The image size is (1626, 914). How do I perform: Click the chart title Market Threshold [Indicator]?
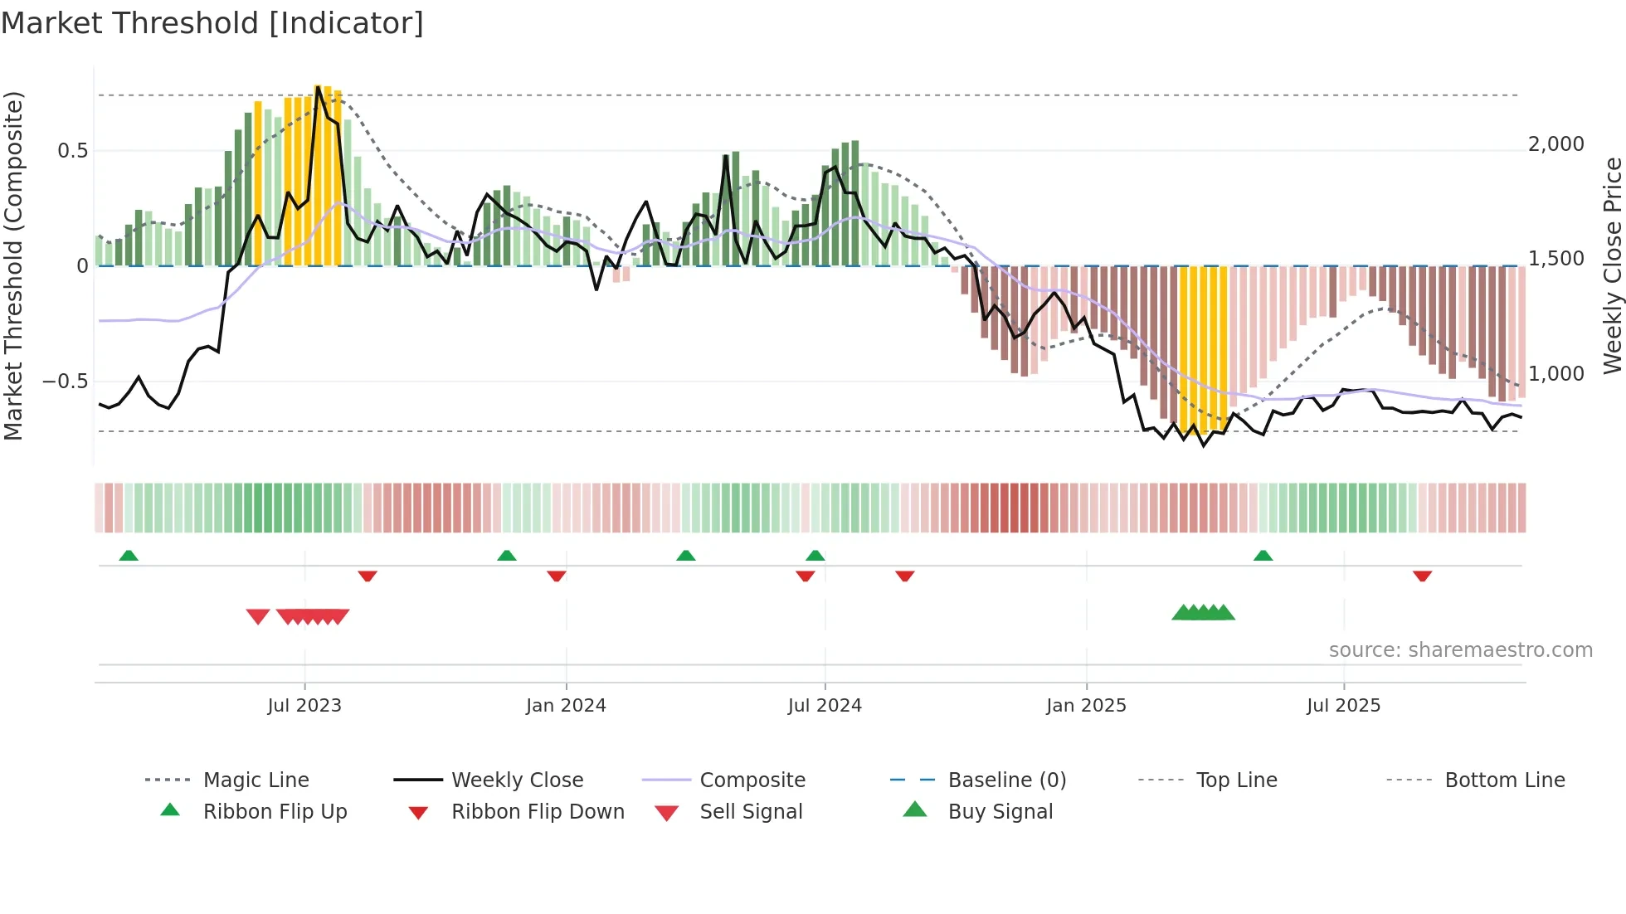pos(212,23)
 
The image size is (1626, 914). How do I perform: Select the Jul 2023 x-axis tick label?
pos(304,706)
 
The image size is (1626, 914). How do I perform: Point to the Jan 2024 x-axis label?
pos(566,706)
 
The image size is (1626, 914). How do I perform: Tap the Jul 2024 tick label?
pos(825,706)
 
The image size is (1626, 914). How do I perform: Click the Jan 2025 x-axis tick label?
pos(1086,706)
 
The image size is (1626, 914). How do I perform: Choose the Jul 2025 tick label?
pos(1343,706)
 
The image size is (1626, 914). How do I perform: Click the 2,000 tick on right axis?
pos(1555,144)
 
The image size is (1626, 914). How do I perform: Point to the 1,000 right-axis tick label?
pos(1555,374)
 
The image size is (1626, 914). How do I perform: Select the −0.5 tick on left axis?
pos(65,382)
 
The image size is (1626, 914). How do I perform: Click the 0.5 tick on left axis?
pos(72,151)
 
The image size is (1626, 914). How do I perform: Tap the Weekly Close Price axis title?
pos(1612,265)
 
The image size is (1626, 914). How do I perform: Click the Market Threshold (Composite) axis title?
pos(13,265)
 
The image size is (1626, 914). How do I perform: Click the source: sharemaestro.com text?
pos(1460,650)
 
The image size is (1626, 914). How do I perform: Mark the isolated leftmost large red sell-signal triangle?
pos(258,616)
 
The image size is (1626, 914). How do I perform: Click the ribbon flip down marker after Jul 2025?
pos(1422,576)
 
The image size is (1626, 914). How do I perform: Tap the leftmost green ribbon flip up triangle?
pos(129,556)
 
